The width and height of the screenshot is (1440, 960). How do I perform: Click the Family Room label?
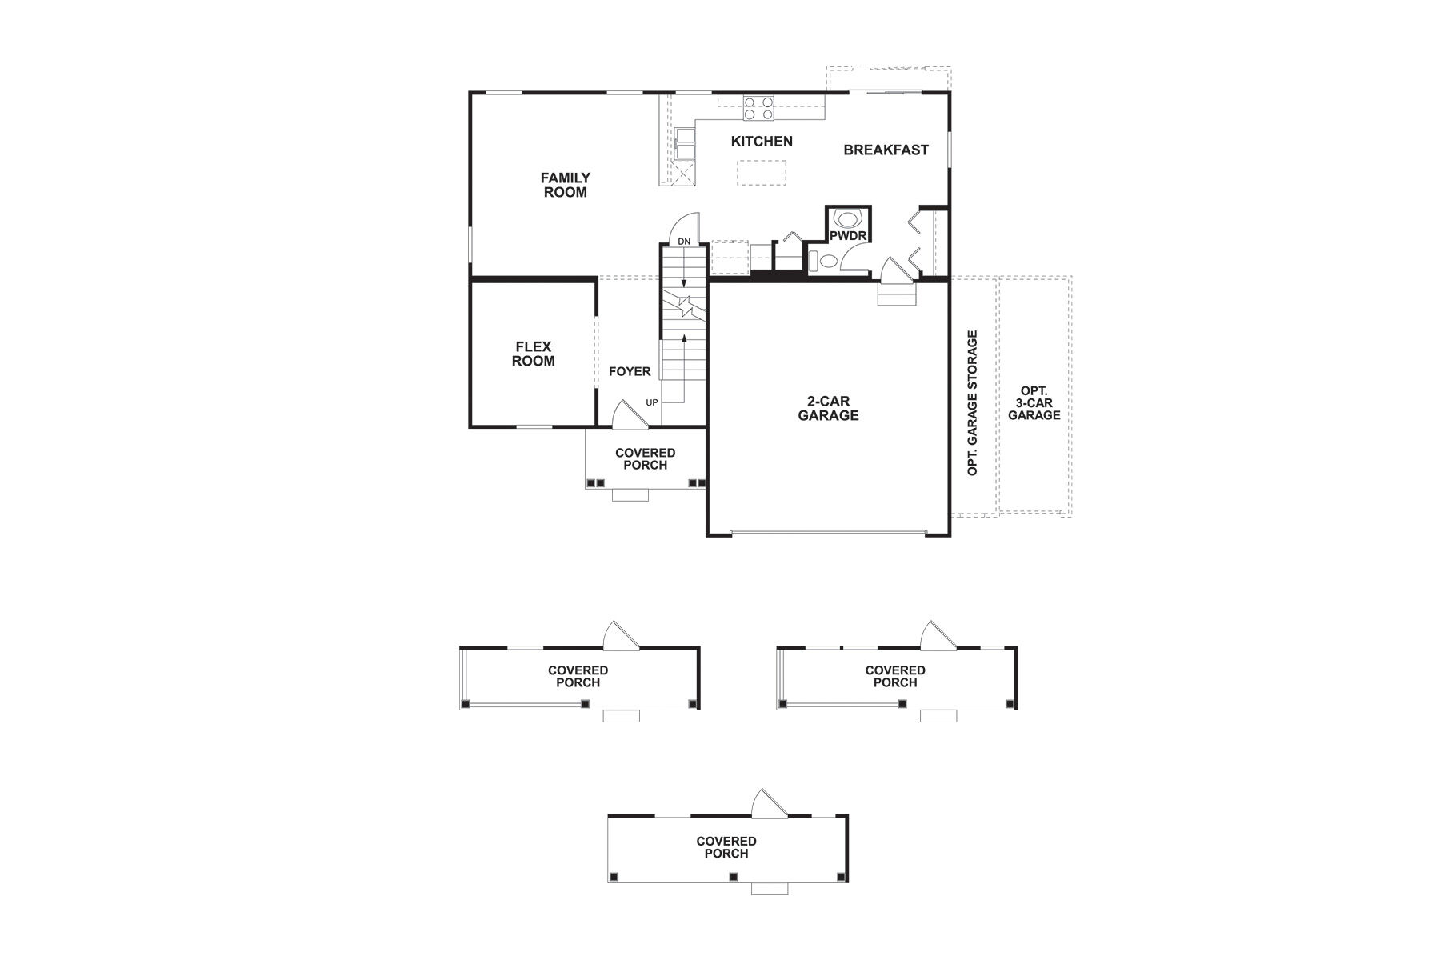pos(565,185)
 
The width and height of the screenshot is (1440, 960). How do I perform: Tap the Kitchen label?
pos(762,142)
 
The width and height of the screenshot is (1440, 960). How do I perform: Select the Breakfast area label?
pos(886,150)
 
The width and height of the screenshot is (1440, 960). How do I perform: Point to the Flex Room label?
pos(533,354)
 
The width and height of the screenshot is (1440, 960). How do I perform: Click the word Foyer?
pos(630,372)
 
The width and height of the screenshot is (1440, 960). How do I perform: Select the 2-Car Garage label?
pos(828,408)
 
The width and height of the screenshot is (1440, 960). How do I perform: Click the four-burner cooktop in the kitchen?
pos(758,108)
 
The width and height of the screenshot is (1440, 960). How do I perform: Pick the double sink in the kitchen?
pos(684,145)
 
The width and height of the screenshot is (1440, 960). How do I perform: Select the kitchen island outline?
pos(761,172)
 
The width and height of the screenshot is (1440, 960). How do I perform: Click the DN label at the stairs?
pos(684,241)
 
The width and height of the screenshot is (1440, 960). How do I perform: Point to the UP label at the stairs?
pos(652,402)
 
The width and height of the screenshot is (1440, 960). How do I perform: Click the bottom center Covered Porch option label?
pos(726,847)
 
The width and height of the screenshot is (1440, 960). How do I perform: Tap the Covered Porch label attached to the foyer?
pos(645,458)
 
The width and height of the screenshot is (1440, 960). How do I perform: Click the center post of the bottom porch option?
pos(731,877)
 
